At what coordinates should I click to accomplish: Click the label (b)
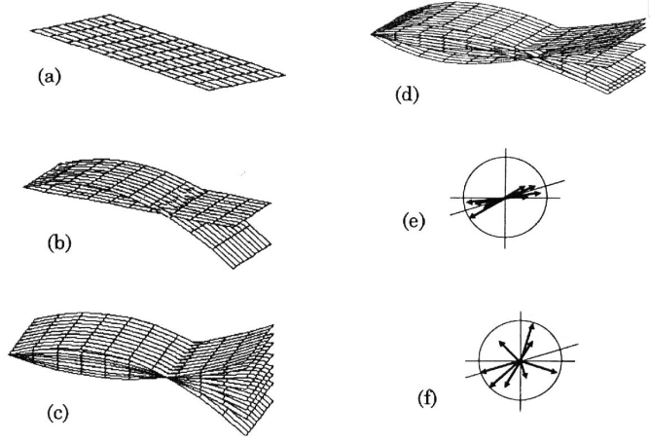pos(60,242)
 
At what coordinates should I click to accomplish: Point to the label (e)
pos(414,222)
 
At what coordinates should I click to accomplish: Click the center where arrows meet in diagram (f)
pos(520,361)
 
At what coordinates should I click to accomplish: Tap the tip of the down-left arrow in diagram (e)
pos(472,216)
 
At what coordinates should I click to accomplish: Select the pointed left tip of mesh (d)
pos(371,37)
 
